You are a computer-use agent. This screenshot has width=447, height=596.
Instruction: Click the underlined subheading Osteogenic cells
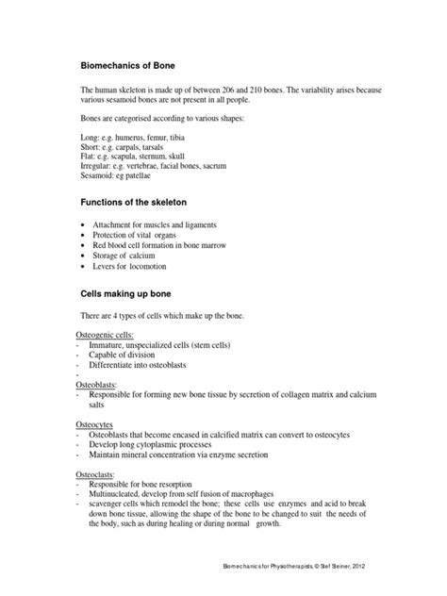(105, 335)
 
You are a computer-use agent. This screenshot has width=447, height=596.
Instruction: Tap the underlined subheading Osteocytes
(95, 424)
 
